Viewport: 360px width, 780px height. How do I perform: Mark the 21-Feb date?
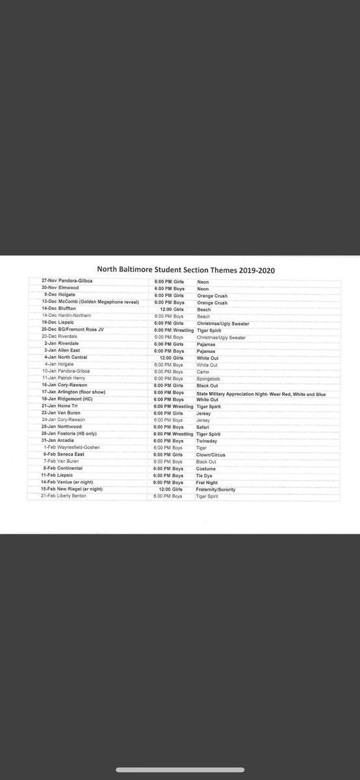tap(50, 496)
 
